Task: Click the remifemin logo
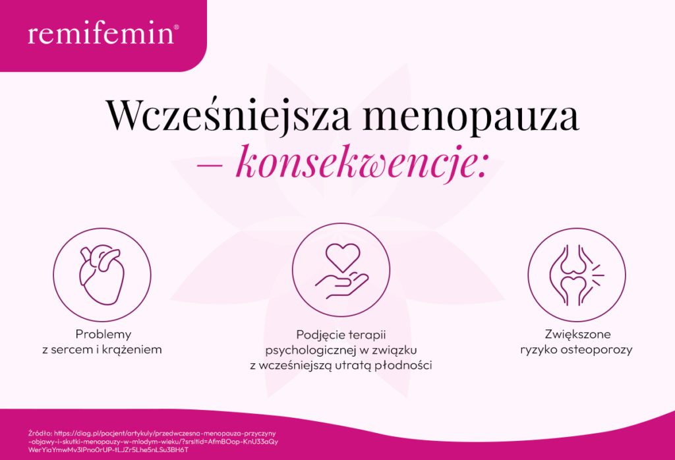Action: pos(101,34)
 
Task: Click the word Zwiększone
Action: pos(576,334)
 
